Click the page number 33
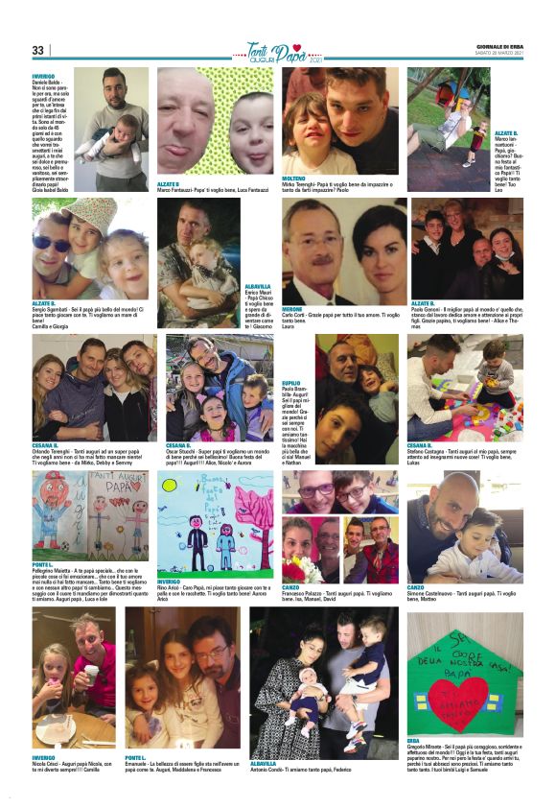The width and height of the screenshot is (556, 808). click(x=38, y=51)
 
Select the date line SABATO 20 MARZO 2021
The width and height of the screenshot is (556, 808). click(x=499, y=53)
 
